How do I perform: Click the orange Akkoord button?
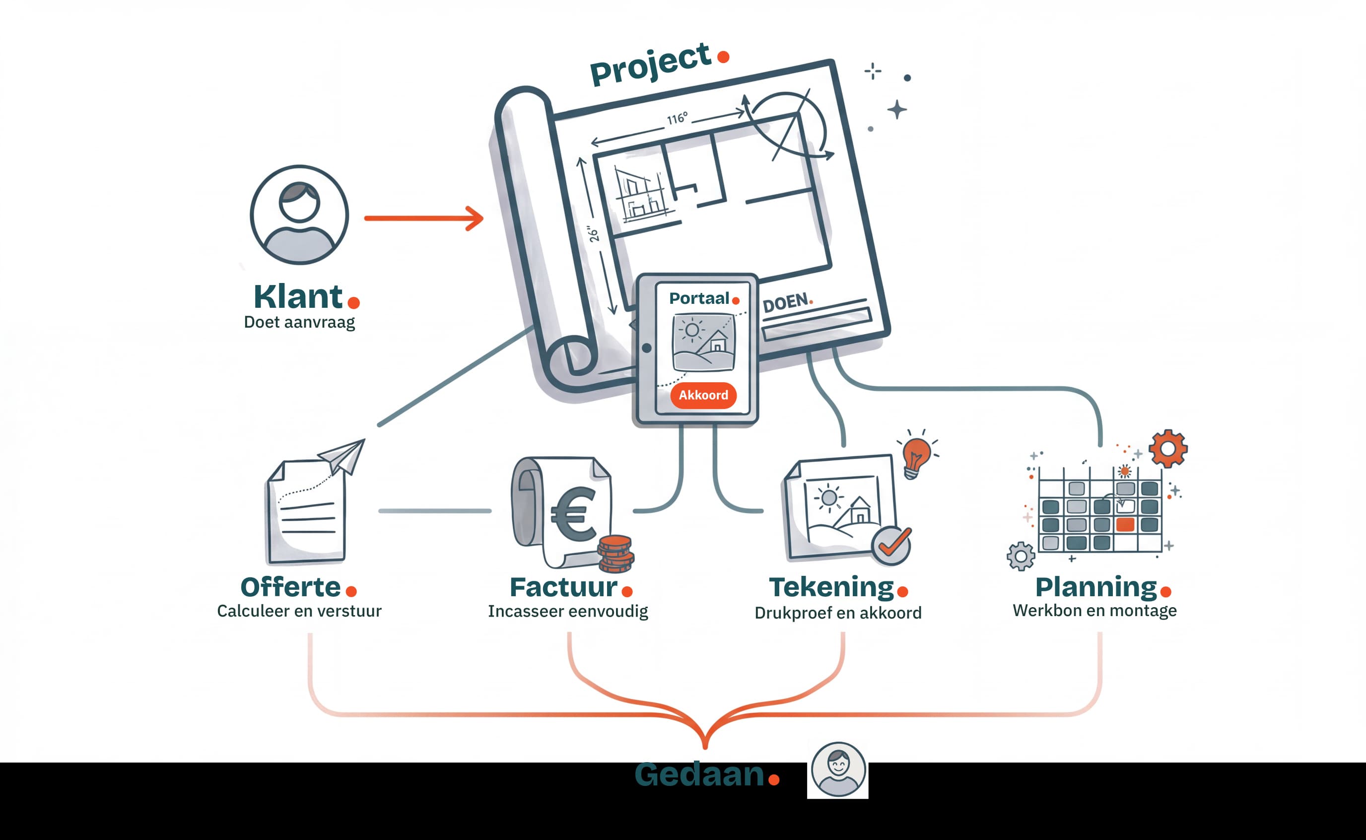coord(703,395)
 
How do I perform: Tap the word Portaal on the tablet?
coord(698,298)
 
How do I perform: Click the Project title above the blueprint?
coord(650,65)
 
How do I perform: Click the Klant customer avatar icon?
coord(299,214)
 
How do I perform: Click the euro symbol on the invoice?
coord(573,514)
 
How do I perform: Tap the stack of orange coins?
coord(615,554)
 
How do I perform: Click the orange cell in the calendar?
coord(1125,524)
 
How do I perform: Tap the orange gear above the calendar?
coord(1168,448)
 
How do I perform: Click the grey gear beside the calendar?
coord(1021,556)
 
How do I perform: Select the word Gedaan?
coord(699,774)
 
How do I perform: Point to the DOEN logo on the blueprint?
coord(786,303)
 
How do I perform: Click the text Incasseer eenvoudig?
coord(567,611)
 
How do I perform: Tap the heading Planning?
coord(1095,587)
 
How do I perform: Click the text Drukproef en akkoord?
coord(837,613)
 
